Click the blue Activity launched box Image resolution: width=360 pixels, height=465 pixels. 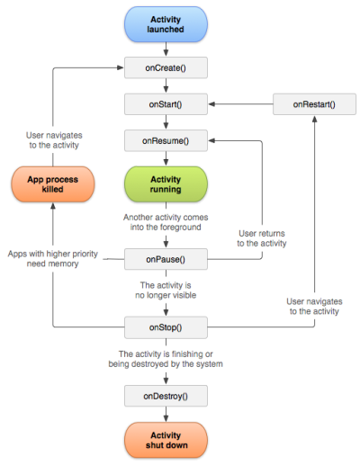[166, 23]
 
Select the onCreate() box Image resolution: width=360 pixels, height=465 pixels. [166, 68]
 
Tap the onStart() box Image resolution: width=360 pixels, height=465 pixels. [166, 104]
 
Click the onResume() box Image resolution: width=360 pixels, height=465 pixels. [166, 141]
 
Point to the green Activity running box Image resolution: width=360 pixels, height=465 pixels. [166, 184]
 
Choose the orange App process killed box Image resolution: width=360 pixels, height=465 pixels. [52, 184]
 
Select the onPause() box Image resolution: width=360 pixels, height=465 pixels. [166, 260]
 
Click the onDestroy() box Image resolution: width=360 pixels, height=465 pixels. [166, 397]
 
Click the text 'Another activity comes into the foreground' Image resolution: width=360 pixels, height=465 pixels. [166, 222]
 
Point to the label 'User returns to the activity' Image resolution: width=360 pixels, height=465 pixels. [262, 237]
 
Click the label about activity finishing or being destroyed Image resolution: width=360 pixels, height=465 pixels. [165, 359]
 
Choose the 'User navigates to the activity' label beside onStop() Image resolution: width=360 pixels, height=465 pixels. [313, 306]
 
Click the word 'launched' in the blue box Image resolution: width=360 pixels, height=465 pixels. [166, 30]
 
